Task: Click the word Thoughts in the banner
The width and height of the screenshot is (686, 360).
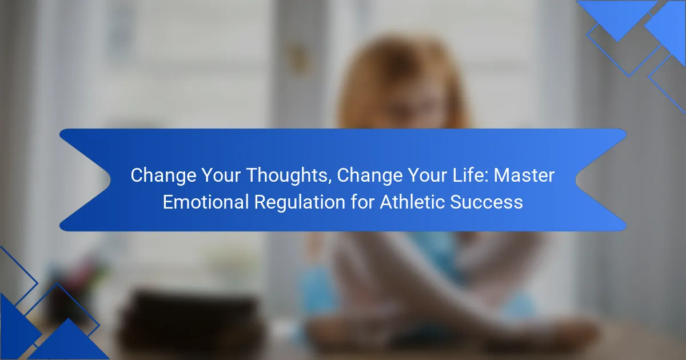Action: (287, 176)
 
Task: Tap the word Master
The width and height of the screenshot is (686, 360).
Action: (524, 175)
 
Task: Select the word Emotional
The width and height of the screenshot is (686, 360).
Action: (205, 202)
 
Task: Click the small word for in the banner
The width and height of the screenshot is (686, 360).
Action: (362, 202)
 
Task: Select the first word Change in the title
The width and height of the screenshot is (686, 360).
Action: (163, 176)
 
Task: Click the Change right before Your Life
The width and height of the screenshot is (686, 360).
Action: (369, 176)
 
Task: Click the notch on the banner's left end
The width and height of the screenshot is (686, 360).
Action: (110, 180)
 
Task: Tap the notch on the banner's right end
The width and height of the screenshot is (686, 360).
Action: (576, 180)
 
